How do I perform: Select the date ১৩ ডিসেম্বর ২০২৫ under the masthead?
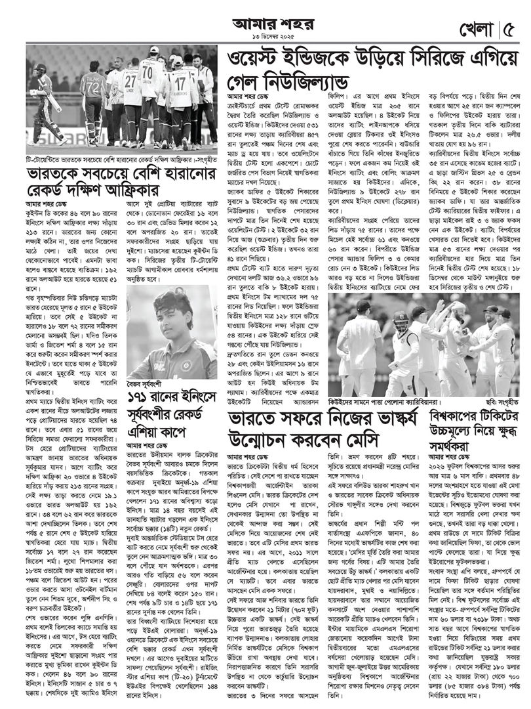pos(265,37)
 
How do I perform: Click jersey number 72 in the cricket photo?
pos(92,87)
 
